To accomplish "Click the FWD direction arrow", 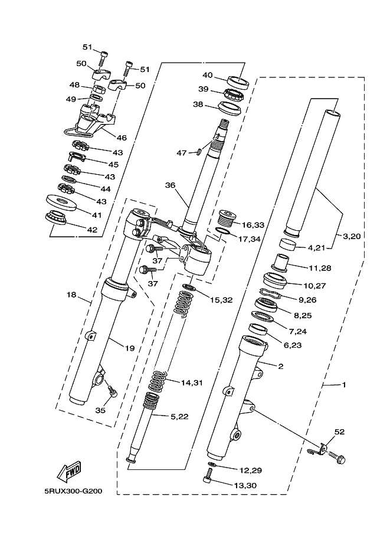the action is pyautogui.click(x=69, y=471).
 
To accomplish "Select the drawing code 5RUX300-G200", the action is pyautogui.click(x=73, y=491).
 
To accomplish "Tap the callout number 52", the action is pyautogui.click(x=339, y=432).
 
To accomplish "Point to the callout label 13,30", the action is pyautogui.click(x=245, y=485).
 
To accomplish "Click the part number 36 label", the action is pyautogui.click(x=170, y=185).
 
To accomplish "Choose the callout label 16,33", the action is pyautogui.click(x=253, y=225).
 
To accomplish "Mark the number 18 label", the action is pyautogui.click(x=71, y=295).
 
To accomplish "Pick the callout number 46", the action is pyautogui.click(x=122, y=138).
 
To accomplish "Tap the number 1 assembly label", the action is pyautogui.click(x=344, y=385).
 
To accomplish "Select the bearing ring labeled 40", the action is pyautogui.click(x=238, y=83).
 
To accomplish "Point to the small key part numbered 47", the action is pyautogui.click(x=199, y=151).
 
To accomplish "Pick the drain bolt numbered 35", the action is pyautogui.click(x=112, y=391).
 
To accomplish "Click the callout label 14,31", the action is pyautogui.click(x=192, y=383).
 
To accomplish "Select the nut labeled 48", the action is pyautogui.click(x=96, y=89).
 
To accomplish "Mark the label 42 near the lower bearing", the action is pyautogui.click(x=92, y=230).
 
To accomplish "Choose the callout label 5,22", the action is pyautogui.click(x=180, y=417).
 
